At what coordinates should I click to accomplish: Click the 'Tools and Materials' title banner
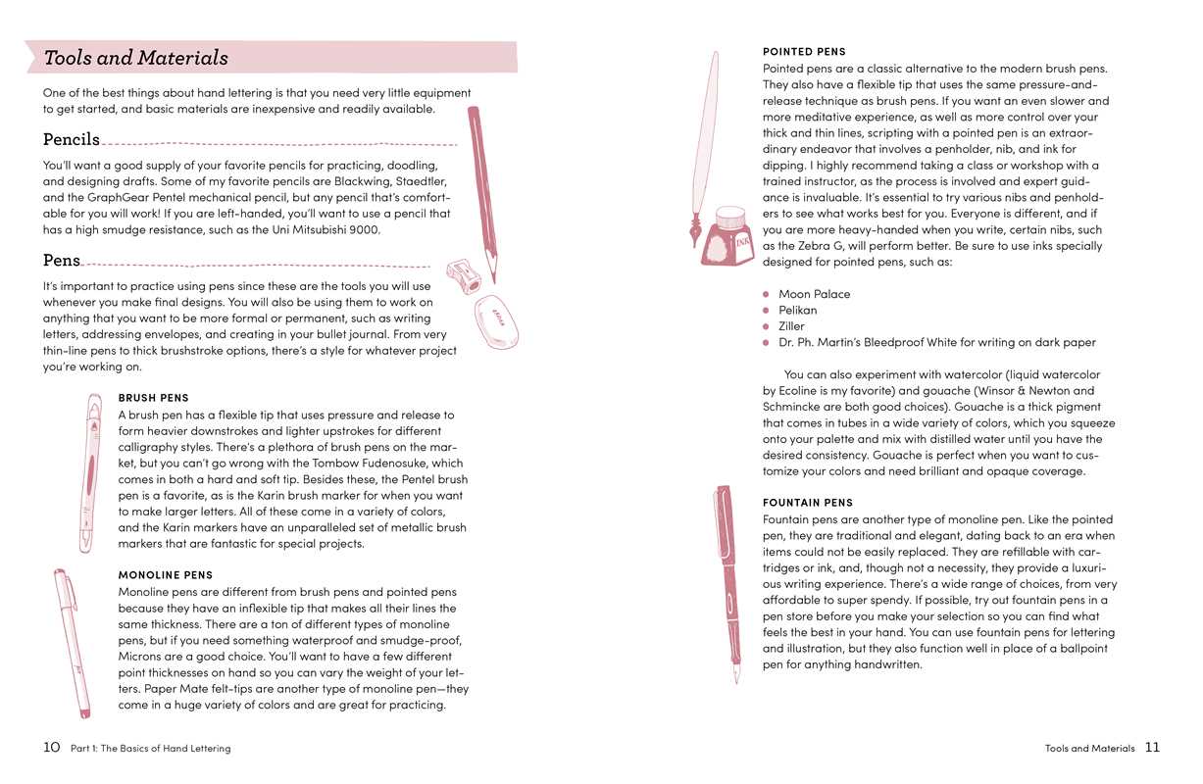pos(136,58)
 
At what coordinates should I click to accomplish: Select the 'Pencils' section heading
pos(72,139)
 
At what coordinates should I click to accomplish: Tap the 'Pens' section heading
pos(62,261)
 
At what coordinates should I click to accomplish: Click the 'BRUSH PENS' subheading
pos(153,398)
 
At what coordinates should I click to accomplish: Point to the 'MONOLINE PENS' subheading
pos(165,575)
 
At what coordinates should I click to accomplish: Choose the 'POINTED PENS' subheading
pos(804,51)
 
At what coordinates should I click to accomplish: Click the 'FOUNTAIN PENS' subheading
pos(808,503)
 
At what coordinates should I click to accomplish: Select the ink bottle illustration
pos(728,237)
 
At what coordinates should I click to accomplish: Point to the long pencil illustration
pos(482,191)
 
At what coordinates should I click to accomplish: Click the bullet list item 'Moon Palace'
pos(814,294)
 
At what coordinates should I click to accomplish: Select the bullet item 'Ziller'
pos(791,326)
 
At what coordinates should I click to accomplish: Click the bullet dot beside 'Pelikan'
pos(767,310)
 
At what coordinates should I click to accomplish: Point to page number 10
pos(52,747)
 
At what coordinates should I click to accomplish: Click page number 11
pos(1152,747)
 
